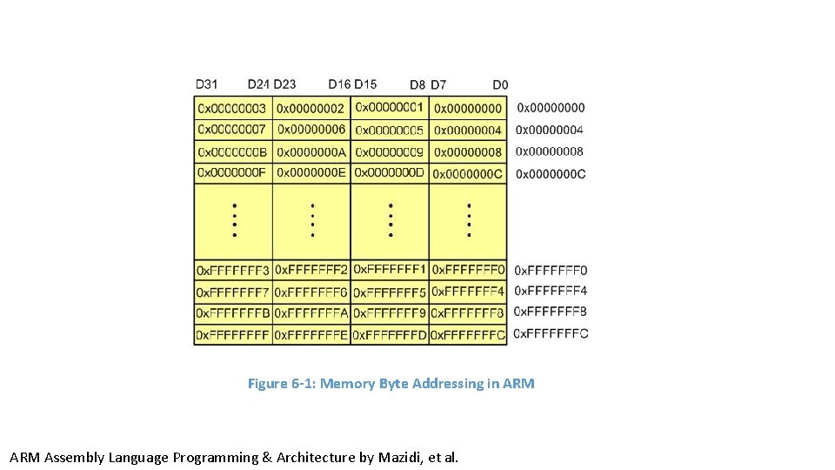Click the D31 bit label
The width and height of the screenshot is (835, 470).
tap(207, 84)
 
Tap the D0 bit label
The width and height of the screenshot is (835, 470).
tap(500, 84)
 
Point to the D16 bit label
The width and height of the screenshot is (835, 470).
tap(339, 84)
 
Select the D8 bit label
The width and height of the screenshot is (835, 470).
tap(417, 84)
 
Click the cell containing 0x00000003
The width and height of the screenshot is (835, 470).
tap(232, 108)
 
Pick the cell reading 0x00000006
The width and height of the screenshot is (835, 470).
tap(311, 130)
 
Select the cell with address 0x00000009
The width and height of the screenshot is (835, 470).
tap(390, 151)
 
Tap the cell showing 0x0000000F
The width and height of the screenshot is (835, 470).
tap(232, 173)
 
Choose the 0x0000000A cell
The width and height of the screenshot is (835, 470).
tap(311, 151)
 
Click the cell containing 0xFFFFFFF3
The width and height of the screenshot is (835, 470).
tap(233, 271)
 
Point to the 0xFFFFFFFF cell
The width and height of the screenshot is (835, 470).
tap(233, 334)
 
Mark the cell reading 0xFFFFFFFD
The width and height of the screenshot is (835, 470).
tap(390, 334)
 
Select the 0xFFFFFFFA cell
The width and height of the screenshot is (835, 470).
tap(311, 312)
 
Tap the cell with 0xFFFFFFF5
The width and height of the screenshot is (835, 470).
tap(390, 292)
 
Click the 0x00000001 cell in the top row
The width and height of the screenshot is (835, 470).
tap(390, 108)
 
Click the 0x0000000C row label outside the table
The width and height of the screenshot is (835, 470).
tap(551, 173)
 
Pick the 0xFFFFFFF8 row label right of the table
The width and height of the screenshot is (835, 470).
tap(551, 312)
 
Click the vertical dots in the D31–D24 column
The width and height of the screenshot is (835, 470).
tap(233, 221)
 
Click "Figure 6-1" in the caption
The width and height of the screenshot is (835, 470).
tap(280, 384)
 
